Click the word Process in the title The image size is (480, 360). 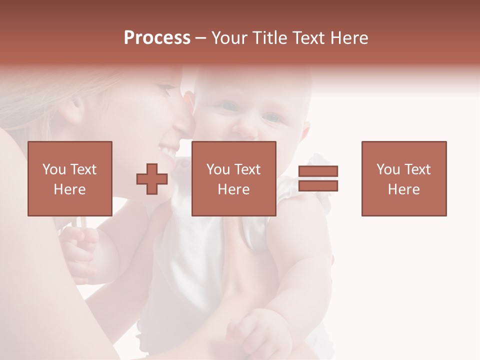tap(157, 38)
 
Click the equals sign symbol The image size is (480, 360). tap(318, 178)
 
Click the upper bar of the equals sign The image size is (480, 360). tap(318, 171)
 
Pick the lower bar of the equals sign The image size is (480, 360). tap(318, 185)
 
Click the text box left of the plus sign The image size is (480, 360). tap(70, 178)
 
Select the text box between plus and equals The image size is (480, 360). tap(233, 178)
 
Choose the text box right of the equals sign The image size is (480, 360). tap(403, 178)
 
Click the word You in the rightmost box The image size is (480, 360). tap(388, 169)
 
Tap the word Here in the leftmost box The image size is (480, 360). tap(69, 189)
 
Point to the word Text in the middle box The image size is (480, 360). tap(247, 169)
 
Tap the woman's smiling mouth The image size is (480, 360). tap(169, 148)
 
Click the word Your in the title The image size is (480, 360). tap(229, 38)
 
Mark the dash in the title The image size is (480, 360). tap(200, 38)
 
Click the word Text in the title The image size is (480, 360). tap(308, 38)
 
